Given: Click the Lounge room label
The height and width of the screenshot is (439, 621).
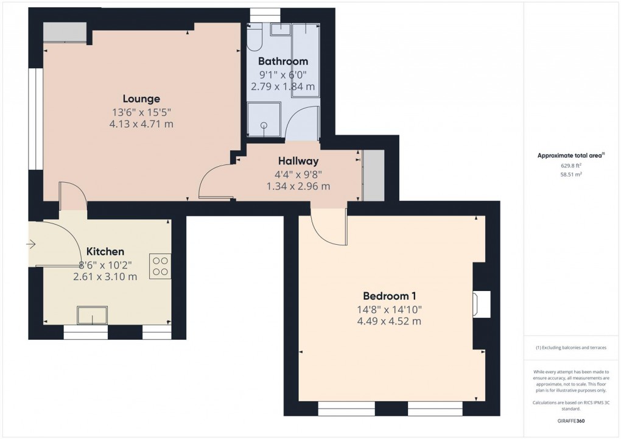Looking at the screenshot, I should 141,99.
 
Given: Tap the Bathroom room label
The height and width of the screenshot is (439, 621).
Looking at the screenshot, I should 282,61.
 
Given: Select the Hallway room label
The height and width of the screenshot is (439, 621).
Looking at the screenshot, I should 298,161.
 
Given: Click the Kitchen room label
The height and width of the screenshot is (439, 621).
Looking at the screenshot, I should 105,251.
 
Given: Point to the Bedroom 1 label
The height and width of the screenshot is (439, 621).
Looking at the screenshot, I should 389,296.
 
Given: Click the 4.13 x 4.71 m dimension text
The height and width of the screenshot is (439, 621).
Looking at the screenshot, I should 141,124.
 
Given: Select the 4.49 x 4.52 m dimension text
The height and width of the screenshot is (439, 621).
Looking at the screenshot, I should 389,321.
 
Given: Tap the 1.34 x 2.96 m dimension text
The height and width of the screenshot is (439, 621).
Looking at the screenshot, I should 298,186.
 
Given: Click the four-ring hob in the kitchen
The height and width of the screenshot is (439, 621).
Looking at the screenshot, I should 160,265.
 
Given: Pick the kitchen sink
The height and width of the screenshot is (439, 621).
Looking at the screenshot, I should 92,315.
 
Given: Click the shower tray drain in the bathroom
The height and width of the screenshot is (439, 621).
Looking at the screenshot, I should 264,126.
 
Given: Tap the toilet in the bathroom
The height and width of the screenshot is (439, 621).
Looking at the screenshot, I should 254,38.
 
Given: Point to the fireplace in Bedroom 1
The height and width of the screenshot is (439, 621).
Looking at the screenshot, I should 481,304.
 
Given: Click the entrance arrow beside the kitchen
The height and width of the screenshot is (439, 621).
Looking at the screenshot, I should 31,244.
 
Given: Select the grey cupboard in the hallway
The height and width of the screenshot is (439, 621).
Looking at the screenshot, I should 373,175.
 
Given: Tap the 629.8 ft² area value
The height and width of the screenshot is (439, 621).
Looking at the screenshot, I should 570,165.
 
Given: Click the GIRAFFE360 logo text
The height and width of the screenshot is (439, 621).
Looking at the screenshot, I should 571,421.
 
